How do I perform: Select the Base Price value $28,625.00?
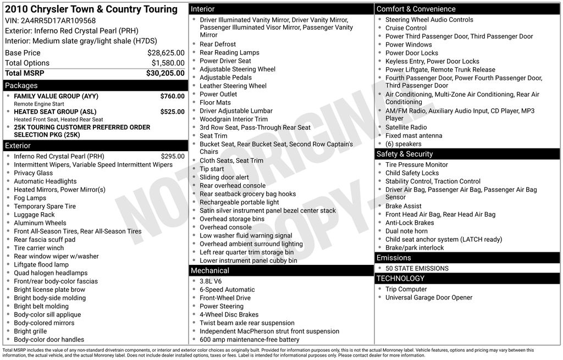(x=165, y=53)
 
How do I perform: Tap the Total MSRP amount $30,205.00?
(x=165, y=73)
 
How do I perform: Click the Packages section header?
(x=21, y=86)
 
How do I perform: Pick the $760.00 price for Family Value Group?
(x=172, y=96)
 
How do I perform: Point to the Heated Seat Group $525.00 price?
(x=172, y=112)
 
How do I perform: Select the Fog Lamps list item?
(x=30, y=198)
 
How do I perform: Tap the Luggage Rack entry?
(x=34, y=215)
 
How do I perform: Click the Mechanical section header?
(x=210, y=270)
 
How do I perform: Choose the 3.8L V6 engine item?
(x=211, y=281)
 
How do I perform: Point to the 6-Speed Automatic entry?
(x=227, y=290)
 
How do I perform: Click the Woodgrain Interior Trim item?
(x=234, y=119)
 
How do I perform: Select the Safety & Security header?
(x=405, y=154)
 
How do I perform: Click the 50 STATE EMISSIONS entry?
(x=417, y=268)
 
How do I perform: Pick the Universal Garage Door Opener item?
(x=429, y=297)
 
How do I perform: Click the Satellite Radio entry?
(x=406, y=128)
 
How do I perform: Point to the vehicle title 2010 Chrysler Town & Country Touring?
(x=91, y=9)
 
